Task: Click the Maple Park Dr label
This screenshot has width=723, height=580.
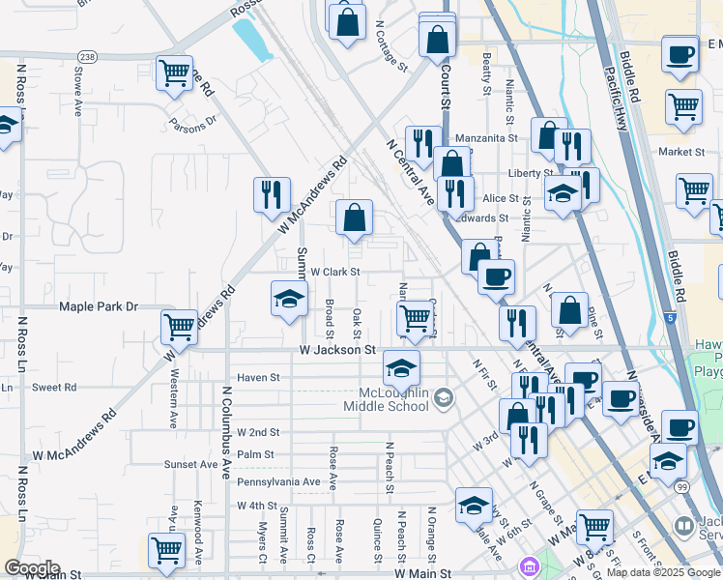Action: click(x=99, y=306)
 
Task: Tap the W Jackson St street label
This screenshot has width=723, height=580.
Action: click(x=337, y=349)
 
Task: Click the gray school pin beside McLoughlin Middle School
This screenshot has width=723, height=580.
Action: click(x=444, y=397)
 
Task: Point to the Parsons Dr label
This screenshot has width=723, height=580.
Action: click(x=192, y=124)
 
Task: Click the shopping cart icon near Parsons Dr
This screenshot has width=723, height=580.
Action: click(x=174, y=73)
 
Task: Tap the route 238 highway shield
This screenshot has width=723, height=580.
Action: click(x=88, y=56)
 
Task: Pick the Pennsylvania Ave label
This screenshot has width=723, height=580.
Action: click(x=278, y=481)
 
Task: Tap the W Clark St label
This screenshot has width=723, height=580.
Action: click(x=334, y=273)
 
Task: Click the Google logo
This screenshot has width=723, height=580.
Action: click(x=32, y=568)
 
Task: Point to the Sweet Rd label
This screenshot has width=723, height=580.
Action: click(x=54, y=387)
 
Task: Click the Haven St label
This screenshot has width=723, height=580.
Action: click(x=258, y=378)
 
